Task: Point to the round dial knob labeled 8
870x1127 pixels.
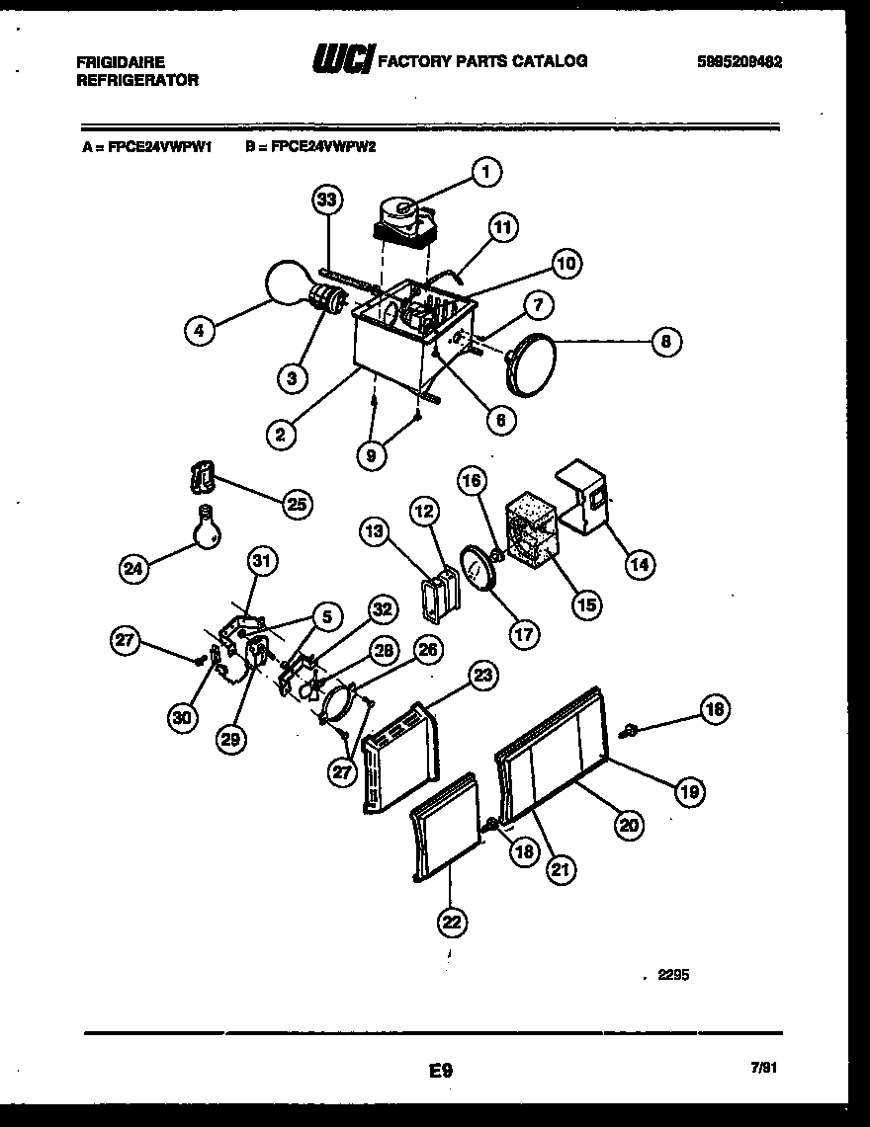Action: click(529, 366)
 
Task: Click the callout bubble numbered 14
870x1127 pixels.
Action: click(639, 564)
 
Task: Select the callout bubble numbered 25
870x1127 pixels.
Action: click(296, 504)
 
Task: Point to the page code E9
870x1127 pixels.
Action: click(441, 1069)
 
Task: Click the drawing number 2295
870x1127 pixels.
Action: click(671, 975)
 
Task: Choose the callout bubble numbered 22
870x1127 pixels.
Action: click(452, 922)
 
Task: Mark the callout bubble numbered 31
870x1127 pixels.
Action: click(261, 561)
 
